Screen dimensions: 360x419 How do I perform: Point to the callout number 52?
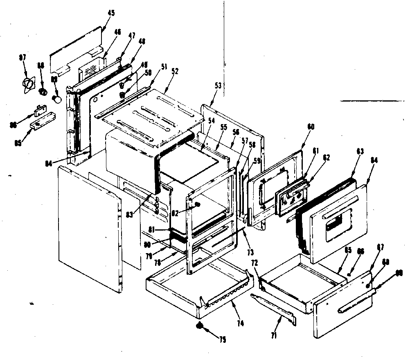pyautogui.click(x=175, y=70)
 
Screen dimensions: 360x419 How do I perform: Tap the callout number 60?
pyautogui.click(x=311, y=127)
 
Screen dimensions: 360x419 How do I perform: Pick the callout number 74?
pyautogui.click(x=240, y=323)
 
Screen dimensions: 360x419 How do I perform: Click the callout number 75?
pyautogui.click(x=223, y=339)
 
